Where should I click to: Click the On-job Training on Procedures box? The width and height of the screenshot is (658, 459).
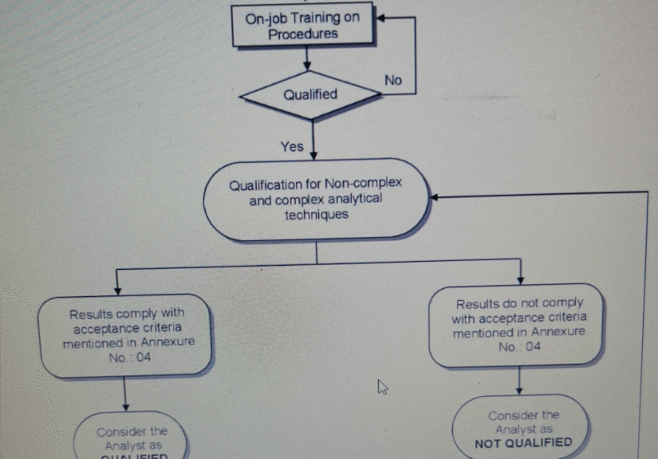(x=302, y=25)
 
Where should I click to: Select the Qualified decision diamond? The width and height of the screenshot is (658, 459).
(x=310, y=94)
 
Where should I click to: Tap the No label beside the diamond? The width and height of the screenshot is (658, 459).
(x=393, y=80)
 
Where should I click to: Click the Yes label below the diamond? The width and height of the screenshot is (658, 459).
(x=292, y=146)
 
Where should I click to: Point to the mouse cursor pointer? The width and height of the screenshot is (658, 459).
(x=383, y=387)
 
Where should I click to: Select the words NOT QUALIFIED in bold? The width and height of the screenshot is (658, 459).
(x=523, y=442)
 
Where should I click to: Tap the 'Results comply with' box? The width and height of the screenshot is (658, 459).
(x=126, y=335)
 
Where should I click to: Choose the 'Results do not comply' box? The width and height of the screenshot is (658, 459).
(x=519, y=325)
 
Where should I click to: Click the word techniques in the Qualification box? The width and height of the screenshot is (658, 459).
(x=316, y=215)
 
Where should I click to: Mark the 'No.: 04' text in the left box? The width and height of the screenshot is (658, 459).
(x=130, y=357)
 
